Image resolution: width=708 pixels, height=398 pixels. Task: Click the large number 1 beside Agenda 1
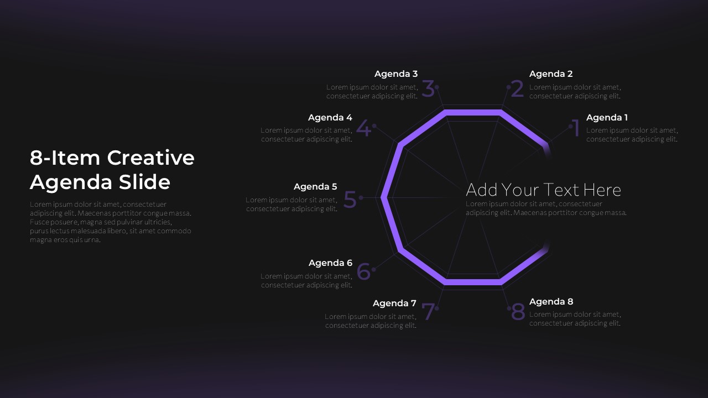pos(576,129)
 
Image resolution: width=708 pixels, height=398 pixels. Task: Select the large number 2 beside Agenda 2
pos(517,89)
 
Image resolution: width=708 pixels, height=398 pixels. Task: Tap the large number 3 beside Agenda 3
pos(428,89)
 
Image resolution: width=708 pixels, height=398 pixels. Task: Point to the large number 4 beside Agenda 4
pos(363,129)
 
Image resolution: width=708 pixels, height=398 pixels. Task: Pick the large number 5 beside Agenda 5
pos(350,200)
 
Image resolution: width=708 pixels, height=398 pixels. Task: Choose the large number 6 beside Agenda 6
pos(363,272)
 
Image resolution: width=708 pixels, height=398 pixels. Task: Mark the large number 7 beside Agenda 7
pos(428,312)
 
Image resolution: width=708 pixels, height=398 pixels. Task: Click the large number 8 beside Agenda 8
pos(518,312)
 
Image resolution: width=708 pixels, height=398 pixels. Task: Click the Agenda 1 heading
pos(607,117)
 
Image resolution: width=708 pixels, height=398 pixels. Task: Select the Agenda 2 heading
pos(550,74)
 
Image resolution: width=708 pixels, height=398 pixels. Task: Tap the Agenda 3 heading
pos(396,74)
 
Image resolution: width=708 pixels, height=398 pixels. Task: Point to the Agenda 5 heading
pos(315,186)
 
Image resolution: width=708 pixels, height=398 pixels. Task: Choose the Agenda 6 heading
pos(330,263)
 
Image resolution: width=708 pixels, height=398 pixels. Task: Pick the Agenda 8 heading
pos(551,301)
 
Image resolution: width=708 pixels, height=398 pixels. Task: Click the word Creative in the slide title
pos(150,158)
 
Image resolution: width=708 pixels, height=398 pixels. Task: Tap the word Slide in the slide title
pos(147,182)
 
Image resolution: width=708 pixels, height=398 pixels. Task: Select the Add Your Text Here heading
pos(543,190)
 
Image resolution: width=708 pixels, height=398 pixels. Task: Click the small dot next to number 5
pos(361,197)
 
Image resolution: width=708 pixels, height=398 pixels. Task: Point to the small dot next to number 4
pos(374,125)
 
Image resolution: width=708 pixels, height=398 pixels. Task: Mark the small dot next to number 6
pos(374,269)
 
